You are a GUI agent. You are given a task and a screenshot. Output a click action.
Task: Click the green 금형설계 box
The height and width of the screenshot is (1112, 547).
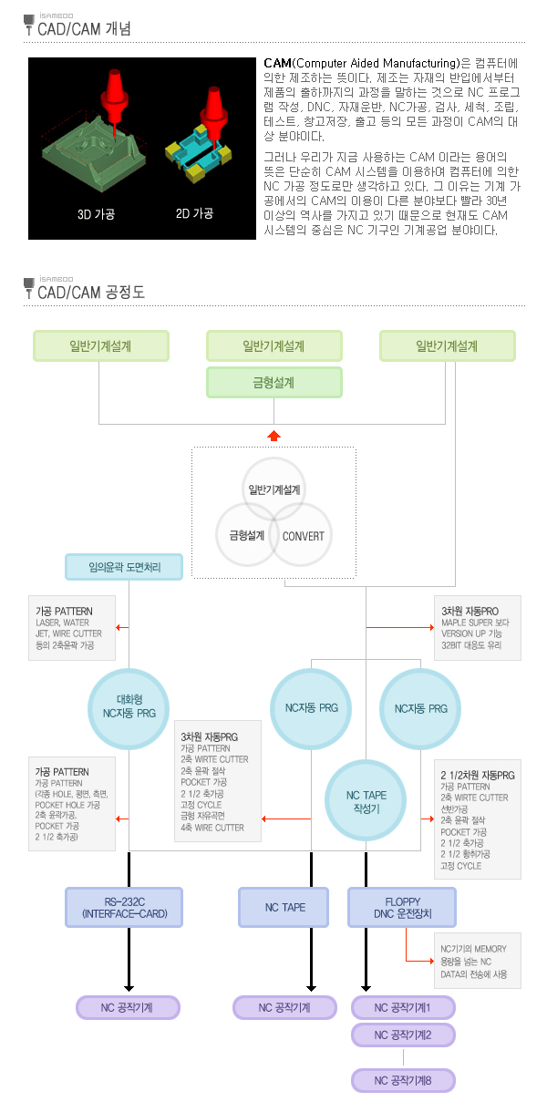(x=274, y=383)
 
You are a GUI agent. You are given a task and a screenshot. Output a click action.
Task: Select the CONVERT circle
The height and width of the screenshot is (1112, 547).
(x=303, y=536)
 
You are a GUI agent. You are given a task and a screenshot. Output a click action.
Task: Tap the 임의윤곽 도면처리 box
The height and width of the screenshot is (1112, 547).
(x=124, y=568)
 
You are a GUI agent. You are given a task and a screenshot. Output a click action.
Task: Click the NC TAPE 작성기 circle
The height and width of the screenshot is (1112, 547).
(x=366, y=801)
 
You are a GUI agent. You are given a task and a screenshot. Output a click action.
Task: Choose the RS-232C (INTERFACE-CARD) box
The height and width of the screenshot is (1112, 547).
(x=124, y=907)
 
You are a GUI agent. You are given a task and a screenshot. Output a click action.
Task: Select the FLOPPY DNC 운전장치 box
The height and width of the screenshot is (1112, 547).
(x=401, y=907)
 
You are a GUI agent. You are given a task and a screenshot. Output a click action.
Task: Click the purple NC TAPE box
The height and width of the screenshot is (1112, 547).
(x=284, y=907)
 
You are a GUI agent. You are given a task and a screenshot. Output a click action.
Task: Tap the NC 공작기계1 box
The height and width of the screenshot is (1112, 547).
(x=402, y=1007)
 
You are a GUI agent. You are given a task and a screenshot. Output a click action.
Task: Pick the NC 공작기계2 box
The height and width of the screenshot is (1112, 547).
(x=402, y=1035)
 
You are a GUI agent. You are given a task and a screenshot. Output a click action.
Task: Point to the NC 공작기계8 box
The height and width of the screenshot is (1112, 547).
(x=402, y=1081)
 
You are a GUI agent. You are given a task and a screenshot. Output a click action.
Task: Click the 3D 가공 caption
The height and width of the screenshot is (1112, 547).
(x=96, y=214)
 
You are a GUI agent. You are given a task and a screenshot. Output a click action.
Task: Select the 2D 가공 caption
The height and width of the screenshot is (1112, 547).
(x=194, y=214)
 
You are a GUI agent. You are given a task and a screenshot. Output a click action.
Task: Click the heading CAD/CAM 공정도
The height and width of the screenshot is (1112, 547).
(x=90, y=293)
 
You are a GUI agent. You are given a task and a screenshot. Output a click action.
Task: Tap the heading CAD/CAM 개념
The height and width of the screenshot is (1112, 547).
(x=84, y=29)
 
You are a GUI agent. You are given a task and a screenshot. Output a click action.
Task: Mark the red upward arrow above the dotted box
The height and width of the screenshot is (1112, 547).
(x=273, y=436)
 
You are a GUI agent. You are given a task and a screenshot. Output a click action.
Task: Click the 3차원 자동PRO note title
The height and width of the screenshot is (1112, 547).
(x=470, y=611)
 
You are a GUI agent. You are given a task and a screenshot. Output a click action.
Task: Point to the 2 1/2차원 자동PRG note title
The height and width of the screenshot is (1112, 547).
(x=477, y=776)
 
